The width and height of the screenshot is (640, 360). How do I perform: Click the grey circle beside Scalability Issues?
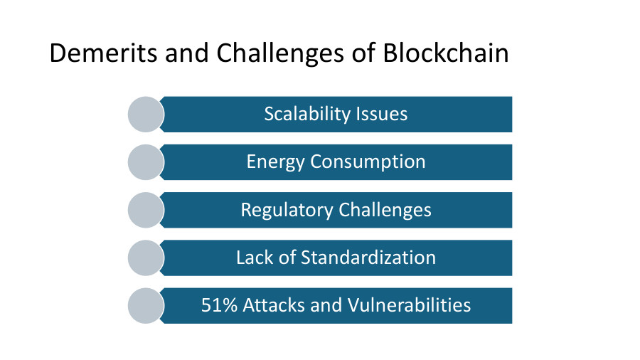pyautogui.click(x=146, y=114)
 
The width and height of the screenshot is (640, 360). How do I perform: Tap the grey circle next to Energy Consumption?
pyautogui.click(x=146, y=162)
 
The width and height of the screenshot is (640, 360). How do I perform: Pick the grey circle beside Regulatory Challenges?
pyautogui.click(x=146, y=210)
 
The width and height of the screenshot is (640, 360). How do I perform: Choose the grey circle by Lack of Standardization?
pyautogui.click(x=146, y=258)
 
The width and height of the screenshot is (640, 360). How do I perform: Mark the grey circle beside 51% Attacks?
pyautogui.click(x=146, y=305)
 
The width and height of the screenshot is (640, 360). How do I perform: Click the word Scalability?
pyautogui.click(x=308, y=114)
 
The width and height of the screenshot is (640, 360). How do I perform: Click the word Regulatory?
pyautogui.click(x=287, y=210)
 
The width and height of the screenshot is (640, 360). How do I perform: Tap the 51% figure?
pyautogui.click(x=219, y=305)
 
